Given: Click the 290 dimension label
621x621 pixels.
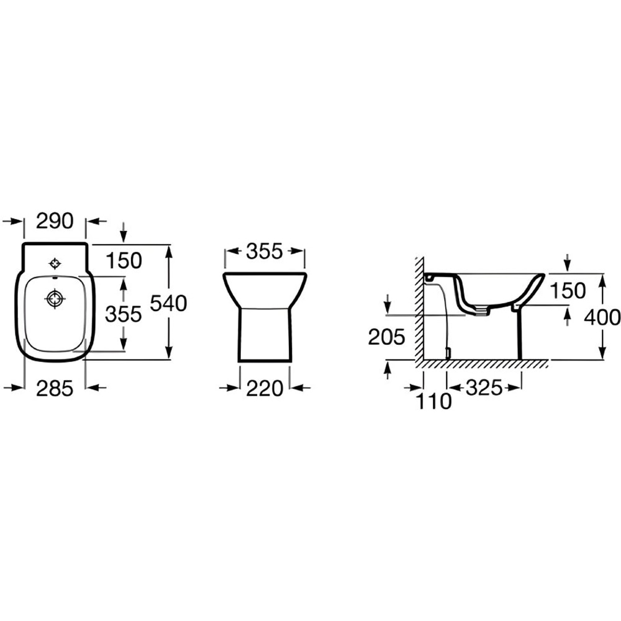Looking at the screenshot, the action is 55,221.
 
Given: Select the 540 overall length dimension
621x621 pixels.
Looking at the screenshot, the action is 168,304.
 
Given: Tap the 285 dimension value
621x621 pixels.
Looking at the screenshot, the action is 55,389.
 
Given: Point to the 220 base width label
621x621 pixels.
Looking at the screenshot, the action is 265,389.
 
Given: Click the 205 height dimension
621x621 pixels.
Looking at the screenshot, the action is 386,337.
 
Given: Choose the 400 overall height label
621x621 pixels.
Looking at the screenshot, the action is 602,317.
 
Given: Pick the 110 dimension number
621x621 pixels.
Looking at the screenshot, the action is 433,402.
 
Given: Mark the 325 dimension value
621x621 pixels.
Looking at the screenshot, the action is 484,388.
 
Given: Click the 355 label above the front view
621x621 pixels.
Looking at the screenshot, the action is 265,251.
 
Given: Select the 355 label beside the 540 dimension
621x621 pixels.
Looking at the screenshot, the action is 123,314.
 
